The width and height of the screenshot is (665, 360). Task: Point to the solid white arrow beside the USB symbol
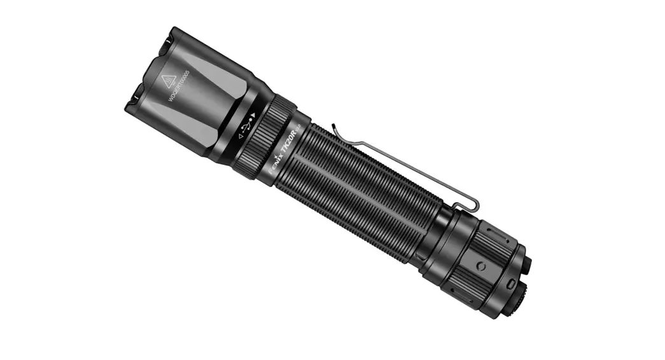(254, 115)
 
